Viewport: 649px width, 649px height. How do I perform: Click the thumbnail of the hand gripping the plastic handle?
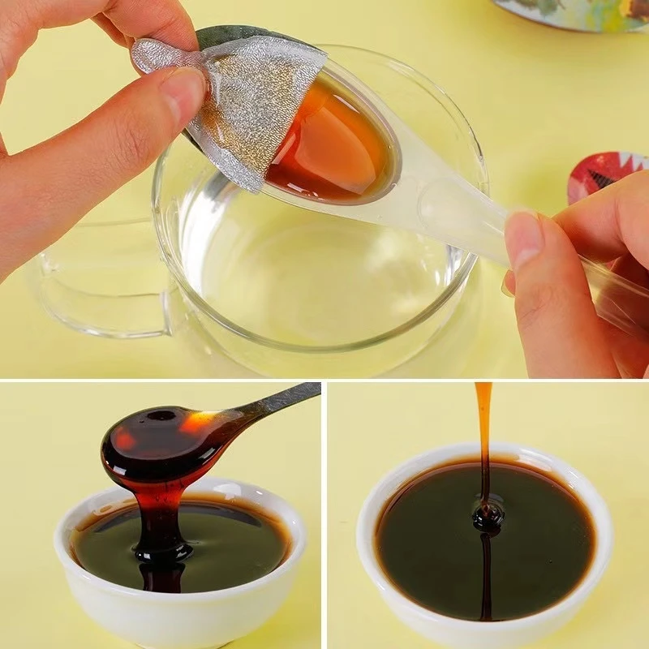pyautogui.click(x=523, y=239)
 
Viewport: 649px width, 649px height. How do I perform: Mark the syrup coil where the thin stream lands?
pyautogui.click(x=488, y=516)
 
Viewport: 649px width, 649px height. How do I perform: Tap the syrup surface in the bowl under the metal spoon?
pyautogui.click(x=235, y=539)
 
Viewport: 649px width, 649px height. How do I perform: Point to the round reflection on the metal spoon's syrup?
pyautogui.click(x=163, y=415)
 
